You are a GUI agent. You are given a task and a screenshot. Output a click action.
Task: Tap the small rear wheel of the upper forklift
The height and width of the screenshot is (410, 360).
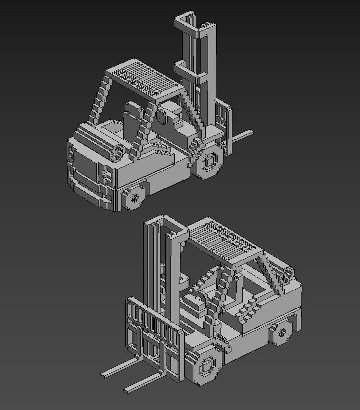pyautogui.click(x=134, y=197)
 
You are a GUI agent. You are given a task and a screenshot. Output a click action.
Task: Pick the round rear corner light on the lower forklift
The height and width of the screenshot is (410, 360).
pyautogui.click(x=288, y=274)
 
